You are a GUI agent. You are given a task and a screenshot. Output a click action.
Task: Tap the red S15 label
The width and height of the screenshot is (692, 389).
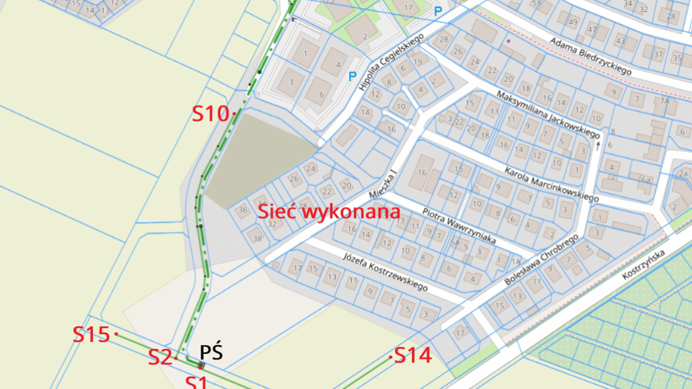[92, 334]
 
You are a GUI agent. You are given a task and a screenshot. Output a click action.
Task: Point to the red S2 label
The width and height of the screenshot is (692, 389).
[160, 358]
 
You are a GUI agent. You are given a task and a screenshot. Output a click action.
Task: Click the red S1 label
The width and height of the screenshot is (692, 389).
[196, 381]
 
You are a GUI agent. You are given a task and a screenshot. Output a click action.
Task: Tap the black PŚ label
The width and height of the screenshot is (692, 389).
[211, 352]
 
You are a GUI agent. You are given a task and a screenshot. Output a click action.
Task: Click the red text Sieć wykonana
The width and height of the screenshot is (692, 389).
[329, 211]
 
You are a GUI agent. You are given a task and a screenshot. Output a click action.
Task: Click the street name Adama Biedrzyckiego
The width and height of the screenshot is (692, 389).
[590, 56]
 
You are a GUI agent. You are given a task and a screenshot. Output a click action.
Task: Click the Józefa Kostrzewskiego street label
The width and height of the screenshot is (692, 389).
[385, 271]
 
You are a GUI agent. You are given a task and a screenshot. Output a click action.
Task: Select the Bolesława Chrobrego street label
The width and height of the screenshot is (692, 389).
[541, 259]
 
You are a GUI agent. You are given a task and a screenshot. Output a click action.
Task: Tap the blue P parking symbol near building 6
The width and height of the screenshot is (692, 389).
[352, 77]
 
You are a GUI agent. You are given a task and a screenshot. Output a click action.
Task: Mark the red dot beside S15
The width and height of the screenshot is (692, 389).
[116, 334]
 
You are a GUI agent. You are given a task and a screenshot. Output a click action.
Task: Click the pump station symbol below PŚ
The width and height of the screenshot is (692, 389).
[201, 365]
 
